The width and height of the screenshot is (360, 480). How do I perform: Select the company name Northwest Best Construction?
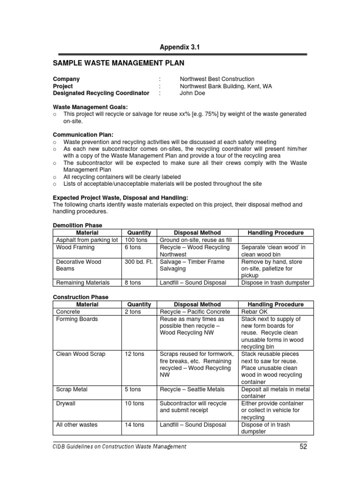click(217, 79)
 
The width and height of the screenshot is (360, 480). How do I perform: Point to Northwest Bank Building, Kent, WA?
click(225, 86)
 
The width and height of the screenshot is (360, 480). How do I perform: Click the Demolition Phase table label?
click(77, 225)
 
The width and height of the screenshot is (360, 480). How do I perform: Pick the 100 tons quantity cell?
click(135, 240)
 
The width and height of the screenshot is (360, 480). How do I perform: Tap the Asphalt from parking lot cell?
click(87, 240)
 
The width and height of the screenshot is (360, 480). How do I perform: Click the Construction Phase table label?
click(81, 297)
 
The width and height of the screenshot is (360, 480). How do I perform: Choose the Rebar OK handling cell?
click(254, 312)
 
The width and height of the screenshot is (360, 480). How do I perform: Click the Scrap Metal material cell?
click(72, 389)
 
